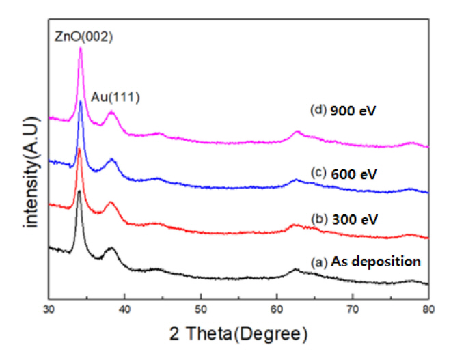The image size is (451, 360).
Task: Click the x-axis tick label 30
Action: click(48, 308)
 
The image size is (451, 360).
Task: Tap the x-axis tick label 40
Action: click(124, 308)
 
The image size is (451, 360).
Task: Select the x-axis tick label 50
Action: click(200, 308)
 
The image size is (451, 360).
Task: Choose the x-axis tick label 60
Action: click(277, 308)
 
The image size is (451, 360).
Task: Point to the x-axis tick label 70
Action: click(353, 308)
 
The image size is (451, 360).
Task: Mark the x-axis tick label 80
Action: click(428, 308)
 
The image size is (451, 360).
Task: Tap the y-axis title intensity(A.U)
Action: click(27, 165)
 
